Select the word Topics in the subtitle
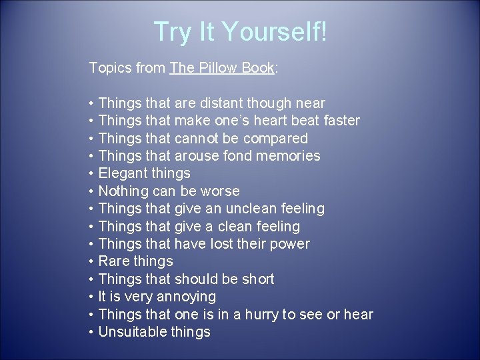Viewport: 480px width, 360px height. pyautogui.click(x=110, y=68)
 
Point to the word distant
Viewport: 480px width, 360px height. pyautogui.click(x=222, y=103)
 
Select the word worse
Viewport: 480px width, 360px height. pyautogui.click(x=221, y=191)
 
